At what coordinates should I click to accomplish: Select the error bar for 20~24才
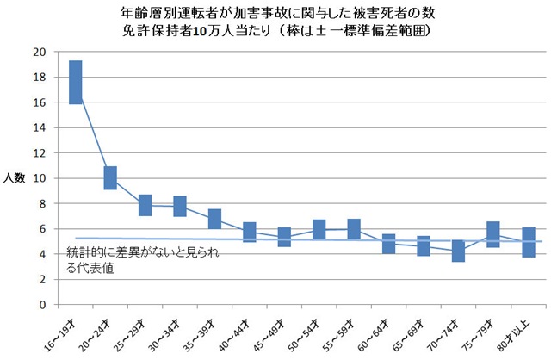coord(110,178)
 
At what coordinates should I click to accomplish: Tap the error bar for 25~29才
coord(145,205)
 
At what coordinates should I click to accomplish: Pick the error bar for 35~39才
coord(214,219)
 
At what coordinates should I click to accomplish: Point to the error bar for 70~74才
coord(459,251)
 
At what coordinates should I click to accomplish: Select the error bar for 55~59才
coord(354,228)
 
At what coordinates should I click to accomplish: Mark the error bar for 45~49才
coord(284,237)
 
